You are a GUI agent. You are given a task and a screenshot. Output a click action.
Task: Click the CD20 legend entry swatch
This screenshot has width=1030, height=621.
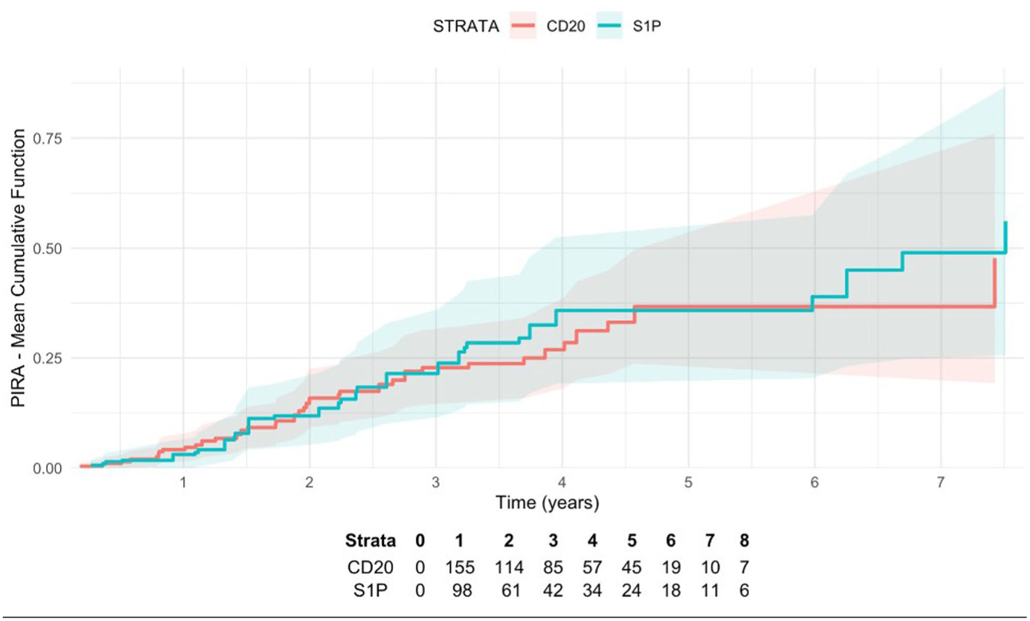[523, 26]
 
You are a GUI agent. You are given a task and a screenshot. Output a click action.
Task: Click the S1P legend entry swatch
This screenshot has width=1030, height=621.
[609, 26]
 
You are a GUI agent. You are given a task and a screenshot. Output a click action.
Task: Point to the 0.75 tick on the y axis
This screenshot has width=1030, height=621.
[47, 138]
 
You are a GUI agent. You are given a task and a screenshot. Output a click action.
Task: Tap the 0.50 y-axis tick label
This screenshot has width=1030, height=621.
[47, 249]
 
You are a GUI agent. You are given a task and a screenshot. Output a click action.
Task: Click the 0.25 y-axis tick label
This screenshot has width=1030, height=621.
[47, 358]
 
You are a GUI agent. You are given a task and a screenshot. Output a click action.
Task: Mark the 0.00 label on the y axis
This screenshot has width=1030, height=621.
[47, 469]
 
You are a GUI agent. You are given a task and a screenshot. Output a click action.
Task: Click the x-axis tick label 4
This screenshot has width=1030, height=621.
[562, 483]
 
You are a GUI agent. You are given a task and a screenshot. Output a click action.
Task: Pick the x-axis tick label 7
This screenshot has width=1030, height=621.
[941, 483]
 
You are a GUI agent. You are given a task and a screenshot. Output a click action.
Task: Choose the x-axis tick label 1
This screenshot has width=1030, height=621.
[183, 483]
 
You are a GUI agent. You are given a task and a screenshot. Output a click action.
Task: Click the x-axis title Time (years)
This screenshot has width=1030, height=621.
[547, 503]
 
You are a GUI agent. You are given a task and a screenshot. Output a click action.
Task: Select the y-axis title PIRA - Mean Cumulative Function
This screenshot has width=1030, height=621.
[19, 268]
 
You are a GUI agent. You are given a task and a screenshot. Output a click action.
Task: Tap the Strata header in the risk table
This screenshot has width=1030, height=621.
[370, 540]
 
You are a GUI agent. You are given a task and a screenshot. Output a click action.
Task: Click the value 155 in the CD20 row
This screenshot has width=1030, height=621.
[460, 568]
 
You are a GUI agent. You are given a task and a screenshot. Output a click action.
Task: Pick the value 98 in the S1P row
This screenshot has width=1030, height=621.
[462, 591]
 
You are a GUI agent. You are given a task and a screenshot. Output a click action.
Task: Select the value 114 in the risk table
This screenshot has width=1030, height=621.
[508, 568]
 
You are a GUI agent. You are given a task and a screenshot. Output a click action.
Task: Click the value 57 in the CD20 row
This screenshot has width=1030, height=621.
[592, 568]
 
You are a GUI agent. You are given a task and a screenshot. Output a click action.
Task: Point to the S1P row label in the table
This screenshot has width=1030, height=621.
[370, 591]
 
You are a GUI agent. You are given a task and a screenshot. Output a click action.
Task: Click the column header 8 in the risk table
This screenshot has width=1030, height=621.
[744, 540]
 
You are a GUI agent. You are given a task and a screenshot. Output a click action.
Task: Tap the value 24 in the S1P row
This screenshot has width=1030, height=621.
[631, 591]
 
